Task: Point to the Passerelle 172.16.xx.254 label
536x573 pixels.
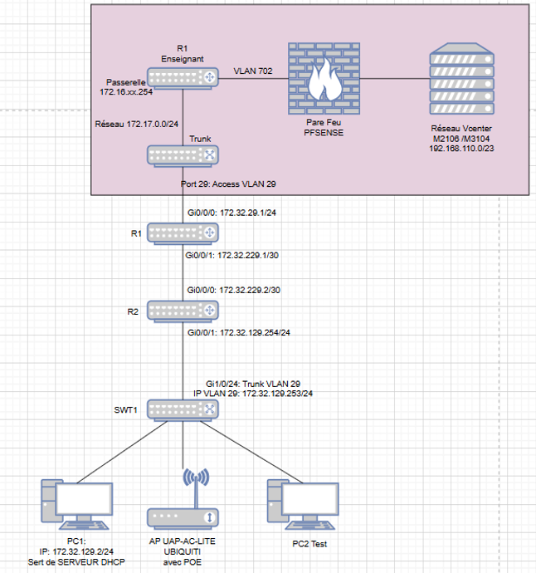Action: [130, 88]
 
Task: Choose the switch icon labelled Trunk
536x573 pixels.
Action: [183, 156]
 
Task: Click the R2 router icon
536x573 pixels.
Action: [183, 310]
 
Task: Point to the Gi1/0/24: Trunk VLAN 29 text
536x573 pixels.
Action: [253, 382]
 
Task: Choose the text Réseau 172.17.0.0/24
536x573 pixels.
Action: [138, 123]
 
